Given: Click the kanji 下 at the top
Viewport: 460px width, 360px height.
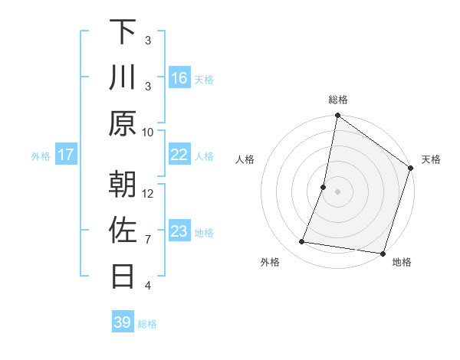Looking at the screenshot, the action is point(123,31).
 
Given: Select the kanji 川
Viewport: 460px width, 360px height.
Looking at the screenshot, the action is point(123,77).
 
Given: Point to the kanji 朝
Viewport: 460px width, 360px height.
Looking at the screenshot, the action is point(123,185).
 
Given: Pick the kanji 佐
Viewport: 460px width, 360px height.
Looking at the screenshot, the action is point(123,231).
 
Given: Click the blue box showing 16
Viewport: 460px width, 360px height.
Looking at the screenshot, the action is point(179,78).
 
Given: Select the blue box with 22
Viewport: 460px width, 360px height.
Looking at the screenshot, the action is point(179,155).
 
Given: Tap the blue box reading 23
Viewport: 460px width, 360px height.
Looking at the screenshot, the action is point(179,231).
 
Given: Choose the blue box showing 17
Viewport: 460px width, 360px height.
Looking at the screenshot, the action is point(66,155).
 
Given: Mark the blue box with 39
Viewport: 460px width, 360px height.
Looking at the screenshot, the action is point(123,322).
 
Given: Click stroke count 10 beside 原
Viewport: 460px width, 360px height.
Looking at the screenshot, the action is point(148,132).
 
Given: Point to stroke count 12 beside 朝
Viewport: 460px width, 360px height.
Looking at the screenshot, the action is point(148,194).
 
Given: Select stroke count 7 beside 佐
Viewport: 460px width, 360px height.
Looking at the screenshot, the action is point(148,240).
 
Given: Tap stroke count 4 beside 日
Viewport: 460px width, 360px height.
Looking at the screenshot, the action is point(148,286).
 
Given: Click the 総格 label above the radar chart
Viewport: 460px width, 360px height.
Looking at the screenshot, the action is point(338,100).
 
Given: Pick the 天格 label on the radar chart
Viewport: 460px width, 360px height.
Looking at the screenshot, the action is point(431,159).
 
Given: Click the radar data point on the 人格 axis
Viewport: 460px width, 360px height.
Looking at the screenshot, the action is point(324,186).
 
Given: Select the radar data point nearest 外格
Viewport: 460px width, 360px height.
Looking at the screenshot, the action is point(302,242).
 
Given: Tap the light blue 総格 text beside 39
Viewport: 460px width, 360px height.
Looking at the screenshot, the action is point(147,324).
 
